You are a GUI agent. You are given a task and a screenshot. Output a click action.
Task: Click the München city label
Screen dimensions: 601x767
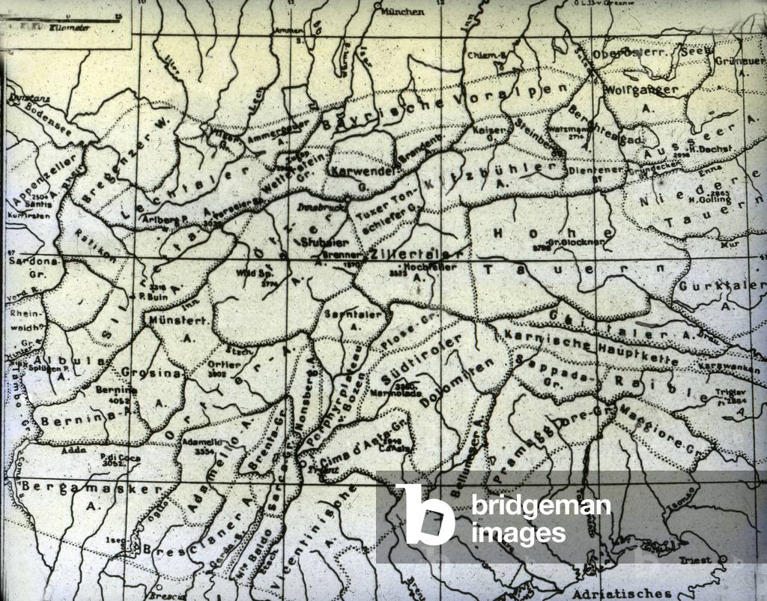(402, 11)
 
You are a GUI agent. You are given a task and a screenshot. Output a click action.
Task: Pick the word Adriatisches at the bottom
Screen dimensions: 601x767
(622, 593)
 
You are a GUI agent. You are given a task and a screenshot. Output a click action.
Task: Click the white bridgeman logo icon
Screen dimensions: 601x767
(425, 513)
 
